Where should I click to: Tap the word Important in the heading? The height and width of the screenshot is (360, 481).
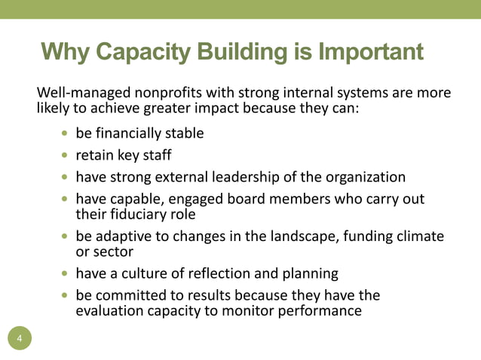pos(371,52)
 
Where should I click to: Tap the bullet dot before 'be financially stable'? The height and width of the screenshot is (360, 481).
pos(65,134)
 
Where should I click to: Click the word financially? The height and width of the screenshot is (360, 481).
pos(133,134)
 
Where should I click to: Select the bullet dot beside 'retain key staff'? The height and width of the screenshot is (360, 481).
pos(65,156)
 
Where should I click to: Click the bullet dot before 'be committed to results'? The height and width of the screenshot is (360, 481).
pos(65,294)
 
